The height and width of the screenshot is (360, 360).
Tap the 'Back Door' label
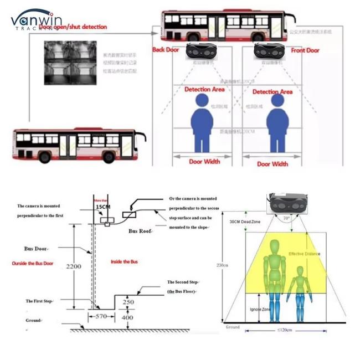tap(166, 50)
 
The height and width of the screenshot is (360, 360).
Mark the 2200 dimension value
tap(73, 266)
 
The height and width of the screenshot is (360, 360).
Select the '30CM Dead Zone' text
tap(245, 222)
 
